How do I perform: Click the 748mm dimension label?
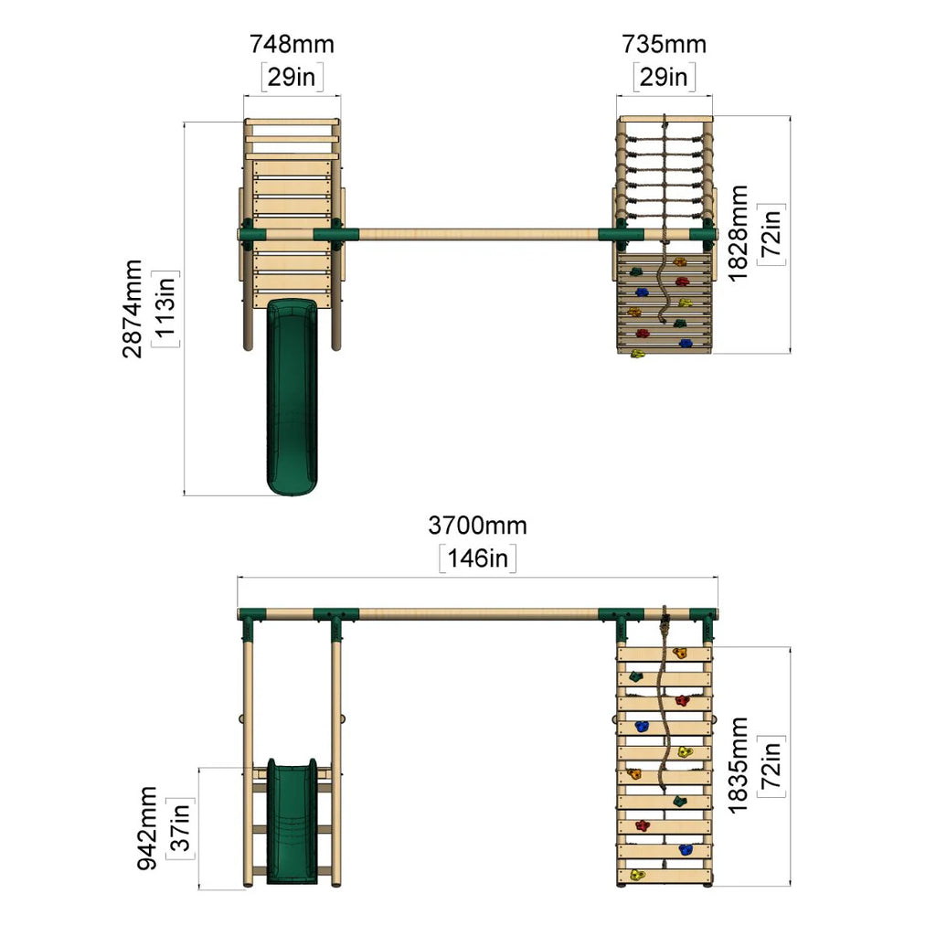pos(292,44)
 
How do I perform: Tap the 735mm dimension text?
pos(664,44)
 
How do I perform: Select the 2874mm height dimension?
pos(132,309)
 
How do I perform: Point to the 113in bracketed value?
pos(165,309)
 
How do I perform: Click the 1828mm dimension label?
pos(738,233)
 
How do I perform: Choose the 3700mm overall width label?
pos(477,526)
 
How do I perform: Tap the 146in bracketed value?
pos(477,558)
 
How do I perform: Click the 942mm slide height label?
pos(147,828)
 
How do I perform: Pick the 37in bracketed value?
pos(180,828)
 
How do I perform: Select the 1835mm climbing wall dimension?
pos(738,765)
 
